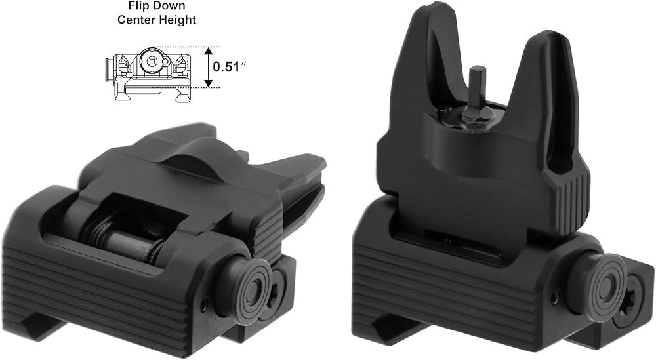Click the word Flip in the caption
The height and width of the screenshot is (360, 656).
138,6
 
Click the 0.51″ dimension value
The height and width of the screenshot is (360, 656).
229,67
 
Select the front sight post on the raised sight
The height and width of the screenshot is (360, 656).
476,89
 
